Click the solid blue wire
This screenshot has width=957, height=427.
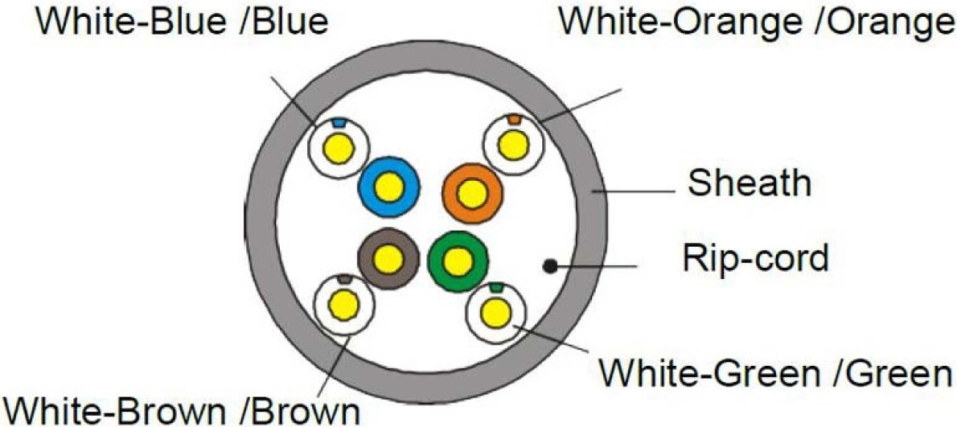388,188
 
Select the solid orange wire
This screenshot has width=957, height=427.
472,194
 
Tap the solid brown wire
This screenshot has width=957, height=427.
388,259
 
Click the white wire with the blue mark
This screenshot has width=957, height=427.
339,148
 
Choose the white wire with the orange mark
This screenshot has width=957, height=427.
513,144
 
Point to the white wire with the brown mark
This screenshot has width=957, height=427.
343,305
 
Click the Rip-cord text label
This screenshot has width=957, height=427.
756,259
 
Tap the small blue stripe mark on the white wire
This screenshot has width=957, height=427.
339,122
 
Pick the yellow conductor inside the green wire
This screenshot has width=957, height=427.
457,261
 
